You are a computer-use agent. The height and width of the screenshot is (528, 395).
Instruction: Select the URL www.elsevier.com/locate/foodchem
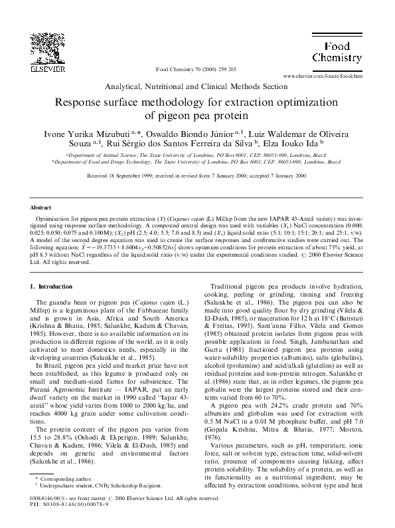[325, 77]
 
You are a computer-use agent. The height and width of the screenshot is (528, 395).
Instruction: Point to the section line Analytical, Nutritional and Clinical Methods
[197, 87]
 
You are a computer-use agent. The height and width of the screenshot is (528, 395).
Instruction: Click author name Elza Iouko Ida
[292, 144]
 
